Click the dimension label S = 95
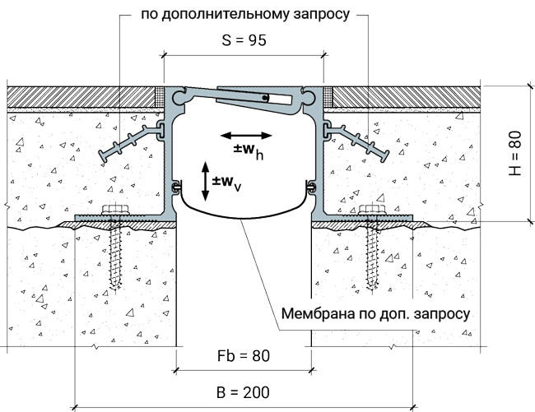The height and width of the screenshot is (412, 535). [x=244, y=40]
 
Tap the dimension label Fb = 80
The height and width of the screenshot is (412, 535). [x=244, y=356]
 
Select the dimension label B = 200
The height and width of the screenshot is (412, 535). [x=243, y=392]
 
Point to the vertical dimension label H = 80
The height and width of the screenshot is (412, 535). [x=515, y=153]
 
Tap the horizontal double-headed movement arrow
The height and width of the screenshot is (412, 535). [x=246, y=136]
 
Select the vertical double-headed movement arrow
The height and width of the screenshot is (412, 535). [x=205, y=181]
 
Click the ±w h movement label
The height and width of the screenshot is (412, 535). [x=249, y=151]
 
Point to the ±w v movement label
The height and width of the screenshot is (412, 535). [x=226, y=183]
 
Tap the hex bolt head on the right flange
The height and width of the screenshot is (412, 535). [x=372, y=209]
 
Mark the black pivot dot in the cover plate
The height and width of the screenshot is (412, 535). [x=265, y=98]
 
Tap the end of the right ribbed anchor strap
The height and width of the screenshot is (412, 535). [x=386, y=155]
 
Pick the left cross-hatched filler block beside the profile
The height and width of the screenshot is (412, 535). [x=160, y=97]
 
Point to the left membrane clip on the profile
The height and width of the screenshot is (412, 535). [x=176, y=187]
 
